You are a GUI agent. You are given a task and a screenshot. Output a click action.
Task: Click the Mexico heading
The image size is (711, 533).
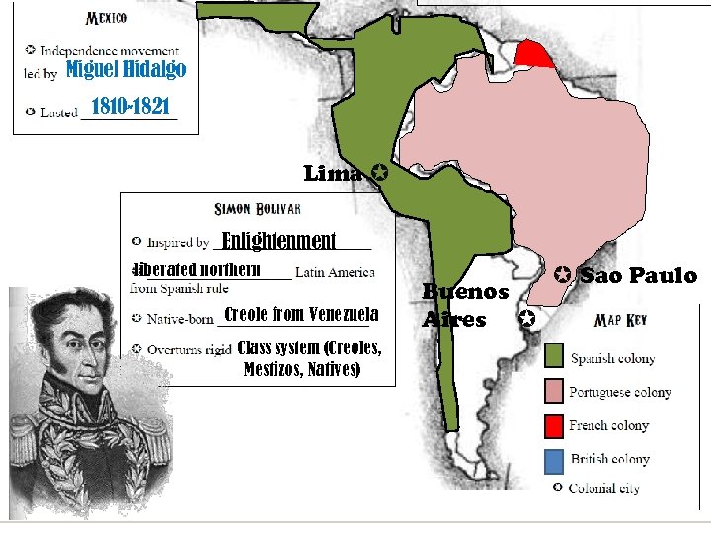(107, 18)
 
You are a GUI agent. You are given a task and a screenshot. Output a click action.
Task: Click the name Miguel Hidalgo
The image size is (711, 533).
(125, 69)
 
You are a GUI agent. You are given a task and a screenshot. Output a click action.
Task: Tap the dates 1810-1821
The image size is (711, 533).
(130, 106)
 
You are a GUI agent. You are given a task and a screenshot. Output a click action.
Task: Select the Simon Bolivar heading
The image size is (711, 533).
(258, 209)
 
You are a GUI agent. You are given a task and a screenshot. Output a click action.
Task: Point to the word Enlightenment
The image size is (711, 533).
(279, 241)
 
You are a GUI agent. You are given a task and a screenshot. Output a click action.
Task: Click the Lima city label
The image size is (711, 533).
(333, 174)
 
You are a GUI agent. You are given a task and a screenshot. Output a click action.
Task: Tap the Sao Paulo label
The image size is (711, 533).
(638, 275)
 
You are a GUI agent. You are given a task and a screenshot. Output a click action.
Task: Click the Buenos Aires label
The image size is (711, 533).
(464, 305)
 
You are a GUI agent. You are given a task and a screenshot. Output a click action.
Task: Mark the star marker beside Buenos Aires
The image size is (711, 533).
(525, 319)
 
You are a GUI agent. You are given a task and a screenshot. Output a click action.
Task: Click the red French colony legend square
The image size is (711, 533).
(554, 425)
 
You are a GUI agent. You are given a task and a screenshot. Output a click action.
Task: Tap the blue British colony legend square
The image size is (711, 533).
(554, 459)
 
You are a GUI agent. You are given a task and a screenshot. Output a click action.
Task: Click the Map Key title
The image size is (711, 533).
(620, 321)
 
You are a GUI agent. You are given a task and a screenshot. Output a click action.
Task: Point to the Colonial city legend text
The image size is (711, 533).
(603, 488)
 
